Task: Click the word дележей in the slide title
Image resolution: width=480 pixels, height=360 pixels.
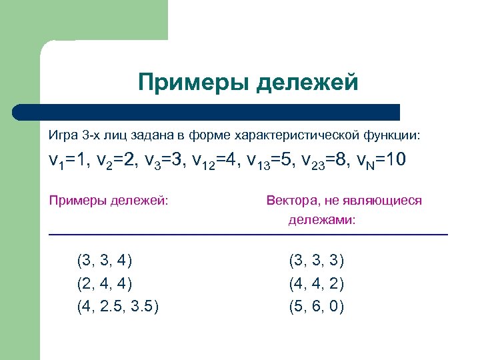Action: pos(308,83)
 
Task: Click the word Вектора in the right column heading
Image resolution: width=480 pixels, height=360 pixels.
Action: pos(293,200)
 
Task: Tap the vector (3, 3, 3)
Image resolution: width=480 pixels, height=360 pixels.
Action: pos(316,260)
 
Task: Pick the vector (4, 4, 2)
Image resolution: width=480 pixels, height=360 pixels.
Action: pos(316,283)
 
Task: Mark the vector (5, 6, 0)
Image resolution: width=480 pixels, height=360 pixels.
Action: pos(316,307)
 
